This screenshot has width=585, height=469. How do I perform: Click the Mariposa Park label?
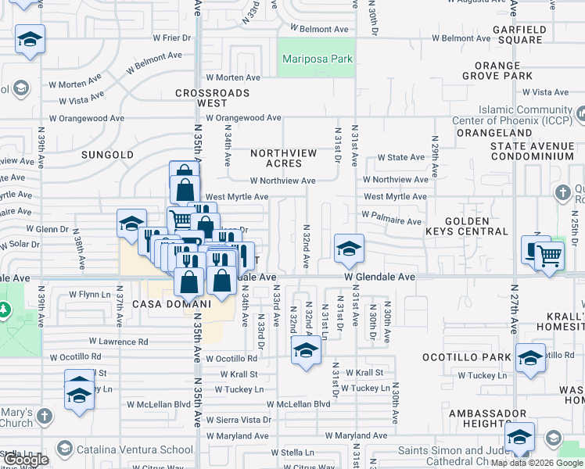tap(317, 59)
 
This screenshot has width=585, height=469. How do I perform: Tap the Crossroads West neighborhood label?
tap(212, 98)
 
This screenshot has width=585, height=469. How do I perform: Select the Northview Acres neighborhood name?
tap(283, 158)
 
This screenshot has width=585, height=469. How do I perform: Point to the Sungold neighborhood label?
tap(107, 155)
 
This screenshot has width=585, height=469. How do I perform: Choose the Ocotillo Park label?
tap(477, 357)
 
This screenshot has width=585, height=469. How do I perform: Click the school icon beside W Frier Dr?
tap(30, 40)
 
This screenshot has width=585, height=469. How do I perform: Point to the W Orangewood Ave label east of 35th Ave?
tap(243, 118)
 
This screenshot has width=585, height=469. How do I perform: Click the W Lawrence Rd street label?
tap(118, 342)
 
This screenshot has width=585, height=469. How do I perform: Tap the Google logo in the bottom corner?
tap(27, 460)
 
